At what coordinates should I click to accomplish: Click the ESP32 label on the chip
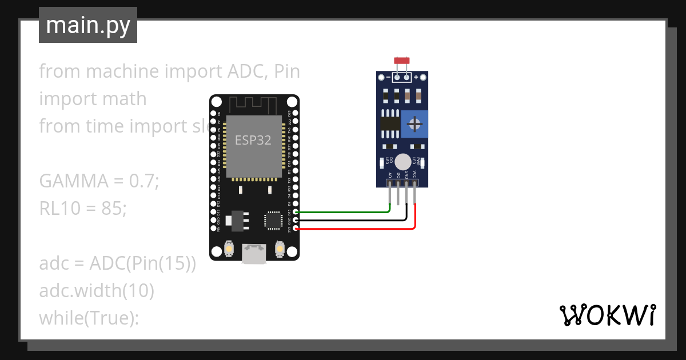pyautogui.click(x=253, y=140)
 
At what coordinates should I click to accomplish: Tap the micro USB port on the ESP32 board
pyautogui.click(x=253, y=254)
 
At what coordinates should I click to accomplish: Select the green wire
pyautogui.click(x=343, y=212)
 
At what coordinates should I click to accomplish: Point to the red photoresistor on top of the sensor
pyautogui.click(x=402, y=60)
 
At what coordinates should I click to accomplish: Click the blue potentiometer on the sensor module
pyautogui.click(x=414, y=123)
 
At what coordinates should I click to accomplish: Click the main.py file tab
pyautogui.click(x=88, y=26)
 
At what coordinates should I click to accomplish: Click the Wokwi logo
pyautogui.click(x=607, y=315)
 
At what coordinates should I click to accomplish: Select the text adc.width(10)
pyautogui.click(x=97, y=291)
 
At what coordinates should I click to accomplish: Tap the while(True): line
pyautogui.click(x=89, y=318)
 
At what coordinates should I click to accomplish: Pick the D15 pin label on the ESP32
pyautogui.click(x=289, y=212)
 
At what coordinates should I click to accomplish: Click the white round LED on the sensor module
pyautogui.click(x=403, y=162)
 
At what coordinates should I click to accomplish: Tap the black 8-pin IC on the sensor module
pyautogui.click(x=390, y=124)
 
